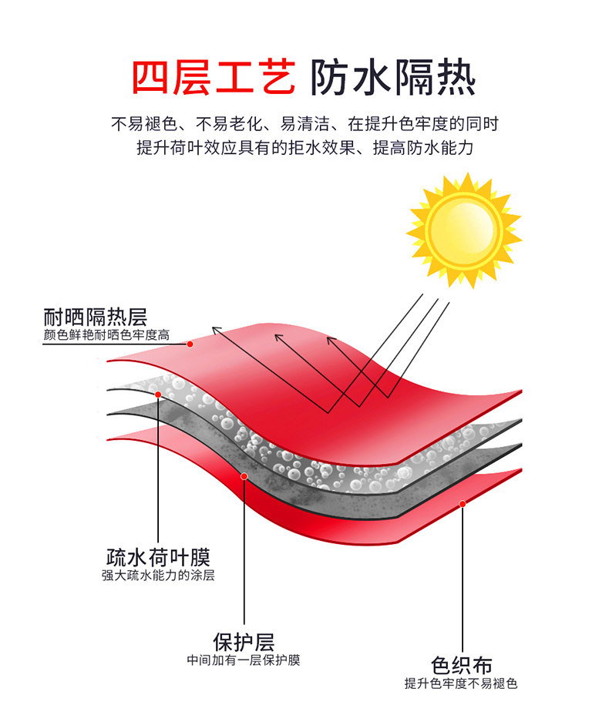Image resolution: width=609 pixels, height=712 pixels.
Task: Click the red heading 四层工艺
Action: [x=214, y=77]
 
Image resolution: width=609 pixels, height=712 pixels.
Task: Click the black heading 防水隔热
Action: [x=392, y=77]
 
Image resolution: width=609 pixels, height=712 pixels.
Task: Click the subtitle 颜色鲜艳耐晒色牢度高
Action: [x=106, y=335]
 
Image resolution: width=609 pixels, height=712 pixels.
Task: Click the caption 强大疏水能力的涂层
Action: [x=158, y=575]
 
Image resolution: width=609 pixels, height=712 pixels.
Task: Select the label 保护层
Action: [x=244, y=641]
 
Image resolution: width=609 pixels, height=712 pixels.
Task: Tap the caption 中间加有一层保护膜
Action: [x=244, y=660]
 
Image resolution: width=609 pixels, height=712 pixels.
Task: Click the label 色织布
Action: [x=462, y=665]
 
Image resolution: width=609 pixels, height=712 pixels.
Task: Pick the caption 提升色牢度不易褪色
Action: [x=462, y=683]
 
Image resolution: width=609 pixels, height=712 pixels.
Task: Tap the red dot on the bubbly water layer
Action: [x=158, y=395]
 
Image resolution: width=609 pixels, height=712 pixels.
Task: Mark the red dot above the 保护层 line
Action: [x=244, y=476]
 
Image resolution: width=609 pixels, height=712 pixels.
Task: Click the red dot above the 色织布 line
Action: [x=463, y=504]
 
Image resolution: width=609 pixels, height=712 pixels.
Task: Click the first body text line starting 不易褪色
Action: [x=304, y=123]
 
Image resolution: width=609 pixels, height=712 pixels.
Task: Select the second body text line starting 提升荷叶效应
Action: [x=304, y=148]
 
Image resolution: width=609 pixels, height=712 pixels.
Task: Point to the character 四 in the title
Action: [x=152, y=77]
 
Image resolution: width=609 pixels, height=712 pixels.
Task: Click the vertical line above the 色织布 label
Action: [x=463, y=578]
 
